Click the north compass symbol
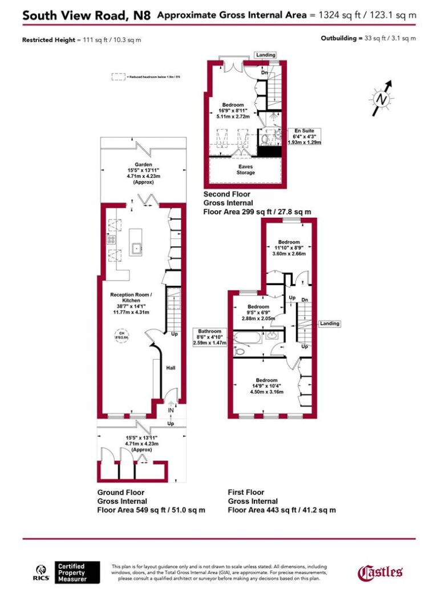click(x=382, y=98)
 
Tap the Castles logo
click(x=380, y=572)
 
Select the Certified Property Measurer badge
click(x=77, y=572)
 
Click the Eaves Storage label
click(x=246, y=169)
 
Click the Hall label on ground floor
click(x=170, y=368)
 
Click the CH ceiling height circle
click(x=121, y=335)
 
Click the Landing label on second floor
click(x=265, y=55)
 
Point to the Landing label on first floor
click(x=329, y=323)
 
